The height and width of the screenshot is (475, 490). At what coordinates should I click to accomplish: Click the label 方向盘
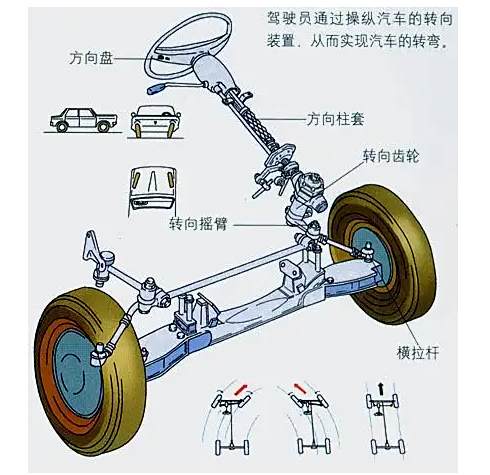coord(92,58)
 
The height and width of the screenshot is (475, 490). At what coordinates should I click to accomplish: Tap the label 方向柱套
coord(335,119)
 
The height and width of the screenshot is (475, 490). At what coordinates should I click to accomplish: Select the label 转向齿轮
coord(391,156)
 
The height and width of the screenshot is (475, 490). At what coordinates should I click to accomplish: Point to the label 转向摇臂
coord(198,224)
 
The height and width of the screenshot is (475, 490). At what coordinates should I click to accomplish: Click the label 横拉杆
coord(418,352)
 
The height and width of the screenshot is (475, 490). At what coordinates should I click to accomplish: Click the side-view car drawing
coord(84,119)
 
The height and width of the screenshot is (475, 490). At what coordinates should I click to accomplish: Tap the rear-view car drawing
coord(155,121)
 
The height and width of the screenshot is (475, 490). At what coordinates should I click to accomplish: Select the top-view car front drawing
coord(153,188)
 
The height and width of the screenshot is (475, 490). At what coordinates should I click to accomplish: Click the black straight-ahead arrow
coord(381,389)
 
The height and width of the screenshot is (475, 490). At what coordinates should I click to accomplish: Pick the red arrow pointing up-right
coord(242,389)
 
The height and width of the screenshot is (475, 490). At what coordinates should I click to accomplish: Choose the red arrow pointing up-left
coord(300,388)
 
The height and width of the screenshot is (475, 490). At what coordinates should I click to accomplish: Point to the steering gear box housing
coord(308,198)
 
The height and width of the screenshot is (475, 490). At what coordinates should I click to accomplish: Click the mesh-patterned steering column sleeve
coord(261,126)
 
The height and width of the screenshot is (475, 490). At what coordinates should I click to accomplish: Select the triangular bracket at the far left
coord(91,248)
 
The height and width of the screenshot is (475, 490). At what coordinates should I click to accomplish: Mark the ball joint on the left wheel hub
coord(99,353)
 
